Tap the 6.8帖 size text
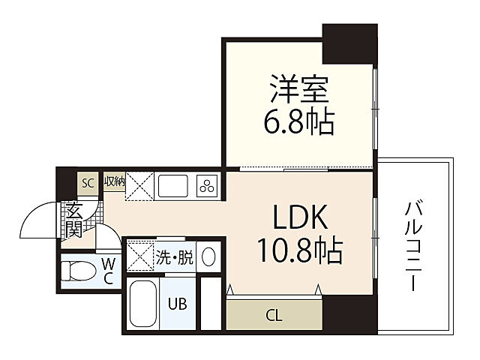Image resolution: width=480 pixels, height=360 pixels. [x=298, y=122]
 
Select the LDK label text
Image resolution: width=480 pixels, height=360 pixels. [x=298, y=218]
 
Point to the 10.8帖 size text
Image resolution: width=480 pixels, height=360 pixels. [x=298, y=250]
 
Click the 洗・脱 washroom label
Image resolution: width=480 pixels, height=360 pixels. [x=174, y=258]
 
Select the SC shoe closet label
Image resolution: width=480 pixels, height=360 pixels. [x=88, y=182]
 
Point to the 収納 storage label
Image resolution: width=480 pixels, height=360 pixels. [x=114, y=181]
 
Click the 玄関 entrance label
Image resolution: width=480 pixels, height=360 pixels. [x=73, y=220]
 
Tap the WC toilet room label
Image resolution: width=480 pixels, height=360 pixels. [x=107, y=271]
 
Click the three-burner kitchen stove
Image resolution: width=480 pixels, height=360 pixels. [x=206, y=185]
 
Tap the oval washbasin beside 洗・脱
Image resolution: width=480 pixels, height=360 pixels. [x=209, y=257]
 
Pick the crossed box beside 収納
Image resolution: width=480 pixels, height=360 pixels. [x=139, y=185]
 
